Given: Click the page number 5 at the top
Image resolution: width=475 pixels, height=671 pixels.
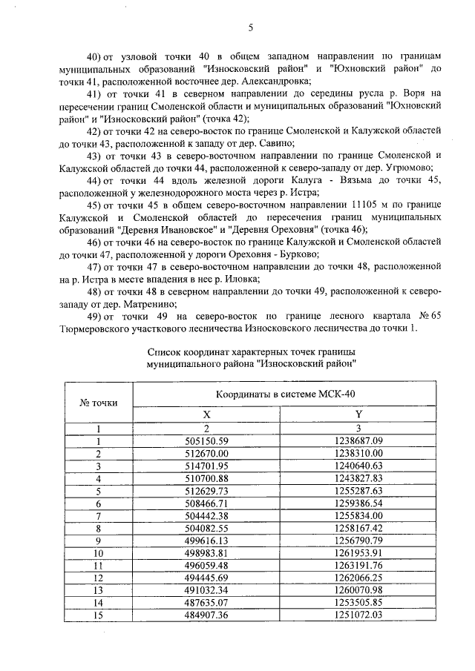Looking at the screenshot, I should pos(250,27).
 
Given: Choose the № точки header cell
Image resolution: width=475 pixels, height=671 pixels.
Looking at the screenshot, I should pos(98,403).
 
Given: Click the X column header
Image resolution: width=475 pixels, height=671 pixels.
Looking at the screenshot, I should pos(206,415).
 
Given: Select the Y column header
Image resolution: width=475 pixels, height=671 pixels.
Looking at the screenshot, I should pos(358,415).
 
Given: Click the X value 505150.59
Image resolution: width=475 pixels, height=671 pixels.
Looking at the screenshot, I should pos(206,440).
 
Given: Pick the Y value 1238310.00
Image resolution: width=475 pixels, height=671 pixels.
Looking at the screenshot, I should pos(358,453).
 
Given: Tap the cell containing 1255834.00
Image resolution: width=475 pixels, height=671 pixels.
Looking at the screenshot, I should pos(358,515).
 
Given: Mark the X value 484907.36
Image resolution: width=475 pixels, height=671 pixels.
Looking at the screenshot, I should pos(206,615).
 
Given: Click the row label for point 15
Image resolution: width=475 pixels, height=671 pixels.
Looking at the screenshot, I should pos(98,615).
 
